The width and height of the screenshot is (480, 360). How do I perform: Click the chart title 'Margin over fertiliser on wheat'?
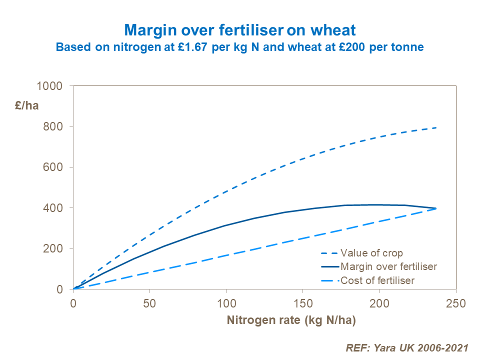click(x=240, y=30)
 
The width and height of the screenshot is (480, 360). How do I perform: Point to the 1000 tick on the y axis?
click(x=50, y=86)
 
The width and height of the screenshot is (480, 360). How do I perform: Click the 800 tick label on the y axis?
click(x=53, y=126)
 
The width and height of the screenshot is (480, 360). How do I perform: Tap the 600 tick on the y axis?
click(x=53, y=167)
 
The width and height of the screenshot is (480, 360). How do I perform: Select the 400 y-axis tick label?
click(x=53, y=208)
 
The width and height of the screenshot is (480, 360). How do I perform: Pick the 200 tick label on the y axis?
click(x=53, y=248)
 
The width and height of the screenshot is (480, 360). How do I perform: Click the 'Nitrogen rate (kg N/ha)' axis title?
click(x=291, y=320)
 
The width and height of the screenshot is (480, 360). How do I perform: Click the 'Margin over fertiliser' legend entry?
click(x=388, y=266)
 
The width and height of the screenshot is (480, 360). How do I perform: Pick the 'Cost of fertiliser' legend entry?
click(x=377, y=280)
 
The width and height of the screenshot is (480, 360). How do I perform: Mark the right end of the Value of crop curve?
click(x=436, y=127)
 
